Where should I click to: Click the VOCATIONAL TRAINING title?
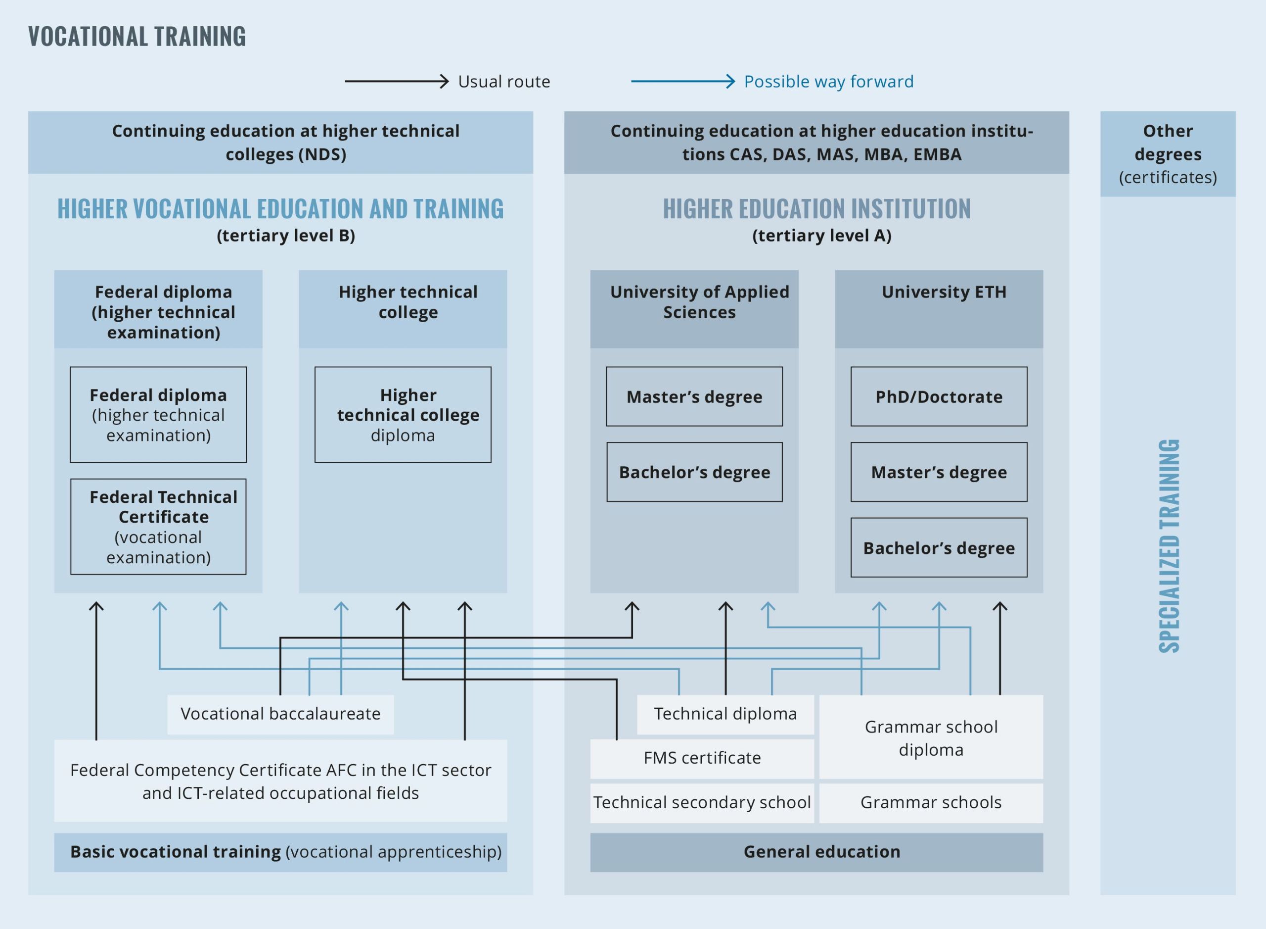[x=137, y=37]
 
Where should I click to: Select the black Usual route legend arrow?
[x=396, y=82]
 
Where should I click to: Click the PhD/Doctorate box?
[x=939, y=396]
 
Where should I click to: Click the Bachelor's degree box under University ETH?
[x=939, y=547]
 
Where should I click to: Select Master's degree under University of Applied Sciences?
[x=694, y=396]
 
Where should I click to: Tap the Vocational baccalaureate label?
[x=280, y=714]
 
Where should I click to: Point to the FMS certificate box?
[x=702, y=758]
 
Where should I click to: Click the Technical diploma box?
[x=725, y=714]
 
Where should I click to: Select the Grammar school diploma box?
[x=931, y=737]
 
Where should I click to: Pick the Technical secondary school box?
[x=702, y=802]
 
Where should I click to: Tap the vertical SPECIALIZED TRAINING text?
[x=1169, y=545]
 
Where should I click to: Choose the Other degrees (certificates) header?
[x=1167, y=153]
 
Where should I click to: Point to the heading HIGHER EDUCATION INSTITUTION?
[x=816, y=209]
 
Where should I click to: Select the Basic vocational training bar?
[x=280, y=852]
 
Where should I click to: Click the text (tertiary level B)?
[x=285, y=236]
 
